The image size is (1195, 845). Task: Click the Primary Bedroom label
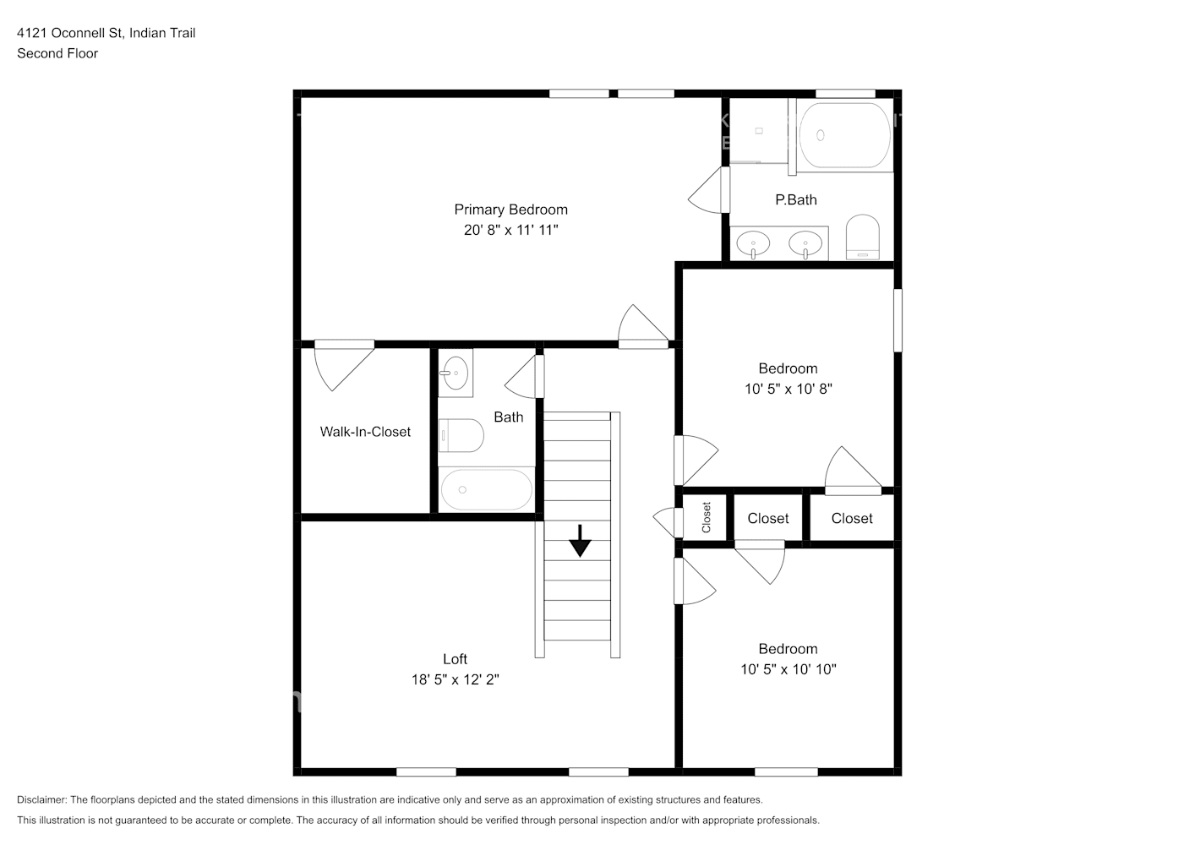pos(510,210)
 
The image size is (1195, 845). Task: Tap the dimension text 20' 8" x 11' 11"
pos(510,230)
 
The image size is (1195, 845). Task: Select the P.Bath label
pos(795,199)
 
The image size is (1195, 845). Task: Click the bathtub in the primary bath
pos(844,135)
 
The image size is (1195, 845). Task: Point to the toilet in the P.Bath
pos(863,237)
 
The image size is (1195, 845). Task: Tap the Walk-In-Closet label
pos(365,432)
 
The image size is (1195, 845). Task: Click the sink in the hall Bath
pos(456,373)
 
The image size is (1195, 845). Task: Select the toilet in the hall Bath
pos(461,435)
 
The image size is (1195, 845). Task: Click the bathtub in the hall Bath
pos(486,490)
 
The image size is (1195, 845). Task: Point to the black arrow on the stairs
pos(580,541)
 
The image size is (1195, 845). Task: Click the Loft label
pos(455,659)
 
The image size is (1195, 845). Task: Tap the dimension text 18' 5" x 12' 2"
pos(455,679)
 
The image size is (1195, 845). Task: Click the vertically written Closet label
pos(707,517)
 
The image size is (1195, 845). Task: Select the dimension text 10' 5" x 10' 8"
pos(788,389)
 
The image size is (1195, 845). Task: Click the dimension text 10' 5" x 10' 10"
pos(788,669)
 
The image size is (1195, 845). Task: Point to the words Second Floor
pos(57,53)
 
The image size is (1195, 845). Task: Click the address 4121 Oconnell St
pos(70,33)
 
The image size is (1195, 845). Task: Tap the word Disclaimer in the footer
pos(42,799)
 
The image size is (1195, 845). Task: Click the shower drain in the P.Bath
pos(759,131)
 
